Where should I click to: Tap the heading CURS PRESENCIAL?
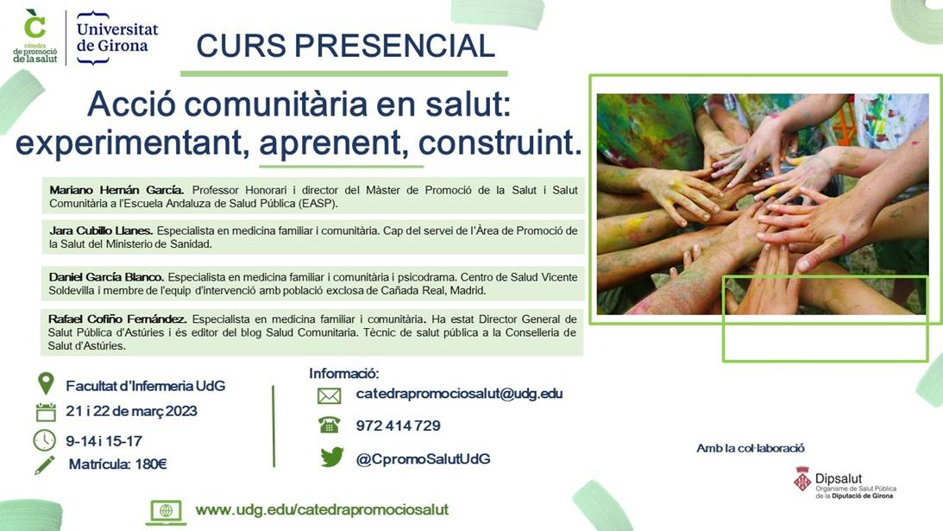coord(345,47)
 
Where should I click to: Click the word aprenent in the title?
coord(330,142)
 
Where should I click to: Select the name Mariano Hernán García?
coord(116,190)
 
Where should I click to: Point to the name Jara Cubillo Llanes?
coord(101,231)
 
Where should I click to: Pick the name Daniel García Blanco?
coord(106,277)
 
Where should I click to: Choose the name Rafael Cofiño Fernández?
coord(117,319)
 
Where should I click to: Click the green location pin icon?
coord(46,383)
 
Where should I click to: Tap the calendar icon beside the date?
coord(46,412)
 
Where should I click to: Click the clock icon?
coord(45,440)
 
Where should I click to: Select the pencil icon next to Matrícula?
coord(45,465)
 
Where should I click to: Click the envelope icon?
coord(329,395)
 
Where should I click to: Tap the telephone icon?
coord(329,425)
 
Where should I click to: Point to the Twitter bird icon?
coord(332,457)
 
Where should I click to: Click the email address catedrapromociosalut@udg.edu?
coord(460,394)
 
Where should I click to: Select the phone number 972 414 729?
coord(398,426)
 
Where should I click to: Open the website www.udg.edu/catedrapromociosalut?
coord(322,510)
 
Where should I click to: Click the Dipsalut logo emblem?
coord(802,480)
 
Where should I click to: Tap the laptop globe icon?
coord(166,512)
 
